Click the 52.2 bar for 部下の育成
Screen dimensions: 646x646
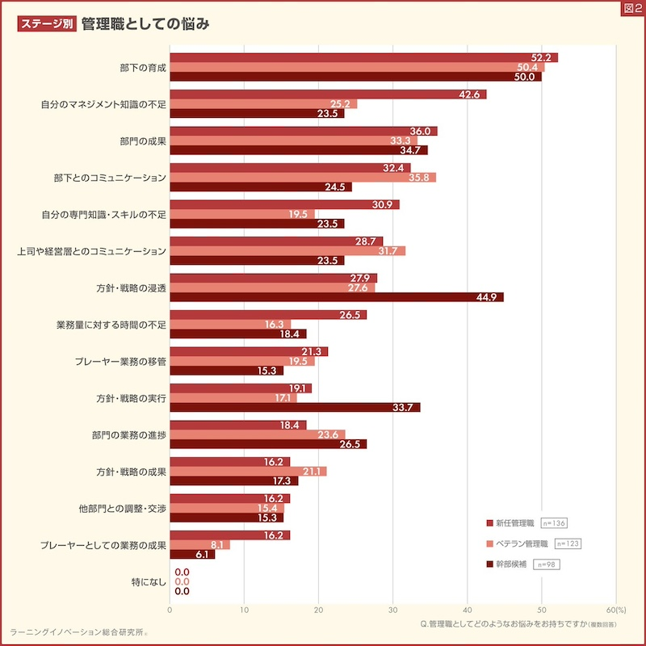(363, 57)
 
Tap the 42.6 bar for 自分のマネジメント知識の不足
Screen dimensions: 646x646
(328, 94)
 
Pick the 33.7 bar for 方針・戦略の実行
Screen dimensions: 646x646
(295, 407)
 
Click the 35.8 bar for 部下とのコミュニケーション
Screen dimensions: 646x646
(303, 177)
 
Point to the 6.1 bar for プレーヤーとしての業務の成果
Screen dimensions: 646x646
(192, 554)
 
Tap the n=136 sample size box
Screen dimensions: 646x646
(553, 523)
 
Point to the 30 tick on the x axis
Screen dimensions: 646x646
(392, 610)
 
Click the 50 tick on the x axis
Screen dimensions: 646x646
(541, 610)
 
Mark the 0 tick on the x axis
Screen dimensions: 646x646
(170, 610)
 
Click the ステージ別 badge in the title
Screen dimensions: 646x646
(46, 23)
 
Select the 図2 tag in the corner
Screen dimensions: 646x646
(632, 8)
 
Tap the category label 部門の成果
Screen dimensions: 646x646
(143, 141)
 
